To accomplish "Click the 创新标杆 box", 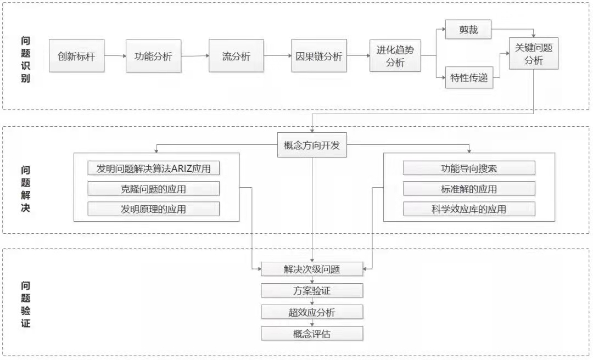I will (76, 55).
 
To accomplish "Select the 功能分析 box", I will (153, 55).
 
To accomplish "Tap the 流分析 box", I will (236, 55).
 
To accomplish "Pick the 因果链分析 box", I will (319, 55).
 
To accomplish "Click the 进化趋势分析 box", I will (395, 56).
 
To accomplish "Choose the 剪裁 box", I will (468, 30).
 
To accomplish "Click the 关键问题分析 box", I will (533, 54).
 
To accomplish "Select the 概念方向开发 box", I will (312, 145).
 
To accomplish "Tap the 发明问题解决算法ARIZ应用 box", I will (154, 168).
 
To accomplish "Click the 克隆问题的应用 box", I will (154, 189).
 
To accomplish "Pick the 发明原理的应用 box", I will (154, 209).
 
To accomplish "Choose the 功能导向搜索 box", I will (469, 168).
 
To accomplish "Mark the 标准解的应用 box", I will (469, 189).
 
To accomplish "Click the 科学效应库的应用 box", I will (469, 209).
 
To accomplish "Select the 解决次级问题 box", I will (312, 269).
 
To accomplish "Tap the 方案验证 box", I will (312, 290).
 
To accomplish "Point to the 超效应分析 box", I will (312, 312).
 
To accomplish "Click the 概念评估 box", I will (312, 333).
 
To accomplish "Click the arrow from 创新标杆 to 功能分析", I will (115, 55).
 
